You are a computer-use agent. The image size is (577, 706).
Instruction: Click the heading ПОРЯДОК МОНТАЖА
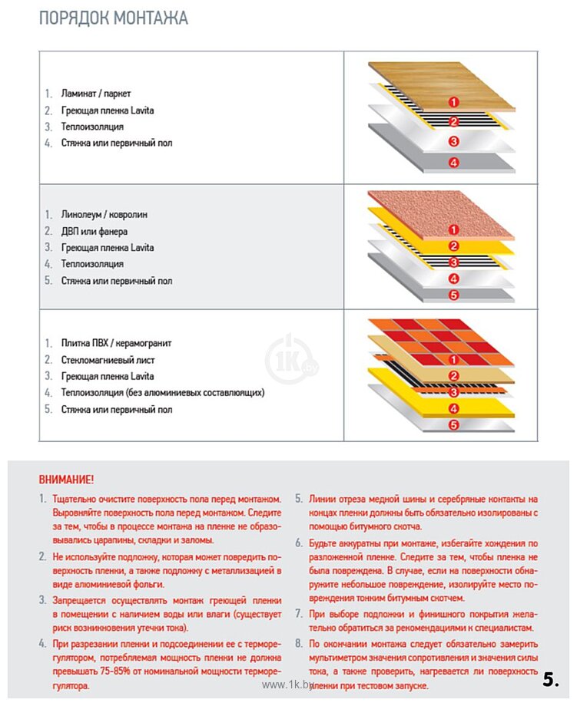(x=114, y=18)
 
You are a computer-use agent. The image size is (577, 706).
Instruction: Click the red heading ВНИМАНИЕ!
(x=66, y=480)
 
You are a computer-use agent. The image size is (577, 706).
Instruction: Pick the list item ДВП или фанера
(x=95, y=231)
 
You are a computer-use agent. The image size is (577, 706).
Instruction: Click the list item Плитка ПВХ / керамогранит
(x=116, y=343)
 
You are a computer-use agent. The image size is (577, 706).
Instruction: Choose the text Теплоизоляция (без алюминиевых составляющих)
(x=163, y=393)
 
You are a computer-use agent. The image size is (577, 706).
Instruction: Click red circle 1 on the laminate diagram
(x=453, y=102)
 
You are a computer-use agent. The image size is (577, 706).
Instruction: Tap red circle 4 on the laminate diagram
(x=453, y=163)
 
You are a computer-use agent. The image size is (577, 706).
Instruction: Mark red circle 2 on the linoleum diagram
(x=453, y=246)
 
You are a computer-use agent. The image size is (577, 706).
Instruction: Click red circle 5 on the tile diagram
(x=453, y=424)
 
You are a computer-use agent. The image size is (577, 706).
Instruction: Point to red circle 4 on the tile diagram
(x=453, y=408)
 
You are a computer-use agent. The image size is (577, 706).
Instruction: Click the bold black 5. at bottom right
(x=551, y=679)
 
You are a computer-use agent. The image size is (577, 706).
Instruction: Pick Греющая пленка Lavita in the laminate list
(x=108, y=111)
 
